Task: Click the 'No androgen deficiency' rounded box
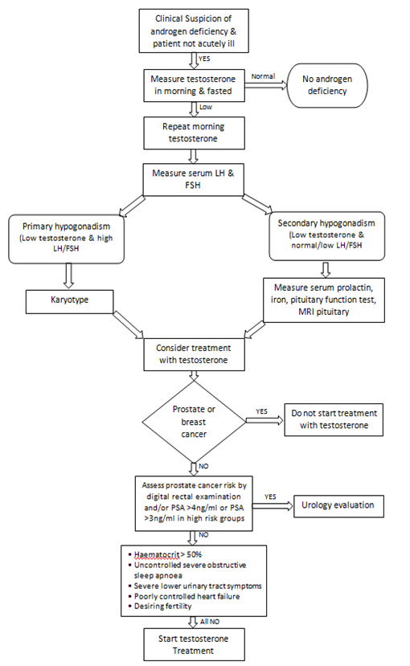(327, 85)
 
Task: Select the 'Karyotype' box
(70, 302)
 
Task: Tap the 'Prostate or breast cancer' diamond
(194, 421)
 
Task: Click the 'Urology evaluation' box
(338, 506)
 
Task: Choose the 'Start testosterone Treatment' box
(194, 644)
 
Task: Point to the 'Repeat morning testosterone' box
(194, 133)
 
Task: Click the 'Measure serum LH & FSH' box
(193, 179)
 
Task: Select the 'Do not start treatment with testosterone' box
(334, 419)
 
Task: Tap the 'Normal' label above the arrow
(263, 76)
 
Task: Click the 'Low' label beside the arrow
(206, 107)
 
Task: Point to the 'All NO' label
(210, 621)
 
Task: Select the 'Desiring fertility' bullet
(160, 606)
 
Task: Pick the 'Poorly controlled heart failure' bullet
(184, 596)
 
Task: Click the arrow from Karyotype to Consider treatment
(129, 325)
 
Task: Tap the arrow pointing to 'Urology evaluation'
(273, 506)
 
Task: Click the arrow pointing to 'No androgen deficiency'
(266, 85)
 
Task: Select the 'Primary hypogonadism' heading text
(66, 227)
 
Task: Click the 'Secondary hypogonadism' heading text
(326, 223)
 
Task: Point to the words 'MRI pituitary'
(324, 312)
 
